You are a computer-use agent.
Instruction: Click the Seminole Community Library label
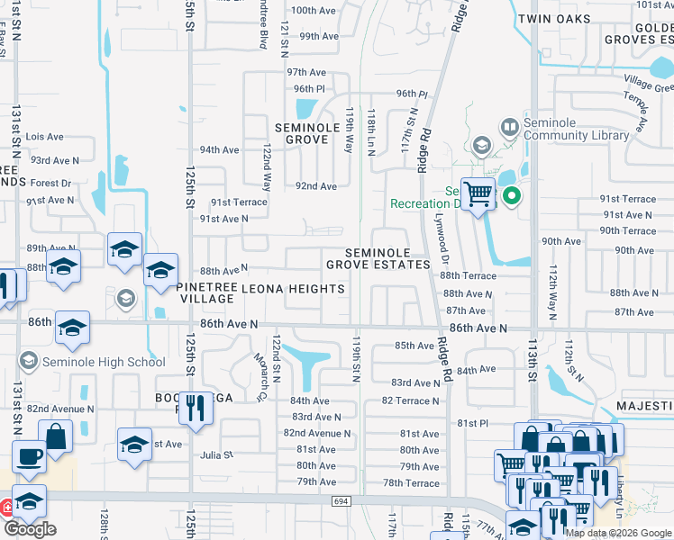click(x=576, y=130)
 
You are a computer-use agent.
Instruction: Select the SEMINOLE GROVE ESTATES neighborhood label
click(x=378, y=259)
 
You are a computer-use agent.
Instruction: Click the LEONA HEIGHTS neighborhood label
click(x=294, y=289)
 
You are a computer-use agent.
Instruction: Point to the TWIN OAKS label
click(x=555, y=19)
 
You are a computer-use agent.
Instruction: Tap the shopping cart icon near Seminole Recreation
click(x=478, y=193)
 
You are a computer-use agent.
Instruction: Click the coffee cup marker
click(x=29, y=456)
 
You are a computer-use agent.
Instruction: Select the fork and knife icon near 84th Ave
click(x=195, y=408)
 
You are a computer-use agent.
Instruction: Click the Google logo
click(x=30, y=529)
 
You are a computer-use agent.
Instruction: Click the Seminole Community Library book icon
click(x=509, y=127)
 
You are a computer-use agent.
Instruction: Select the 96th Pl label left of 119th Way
click(x=308, y=89)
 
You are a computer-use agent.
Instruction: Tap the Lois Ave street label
click(x=45, y=137)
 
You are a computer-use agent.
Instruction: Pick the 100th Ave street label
click(x=314, y=10)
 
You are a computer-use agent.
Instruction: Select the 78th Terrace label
click(x=411, y=483)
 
